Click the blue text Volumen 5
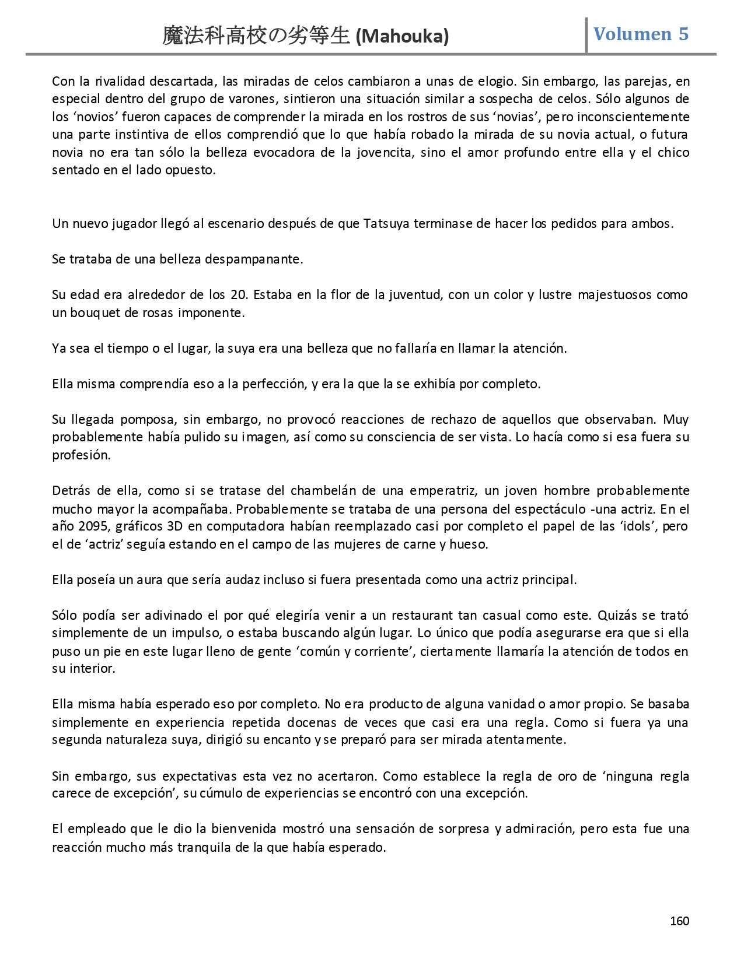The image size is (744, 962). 641,34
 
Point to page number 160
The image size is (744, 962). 679,921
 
